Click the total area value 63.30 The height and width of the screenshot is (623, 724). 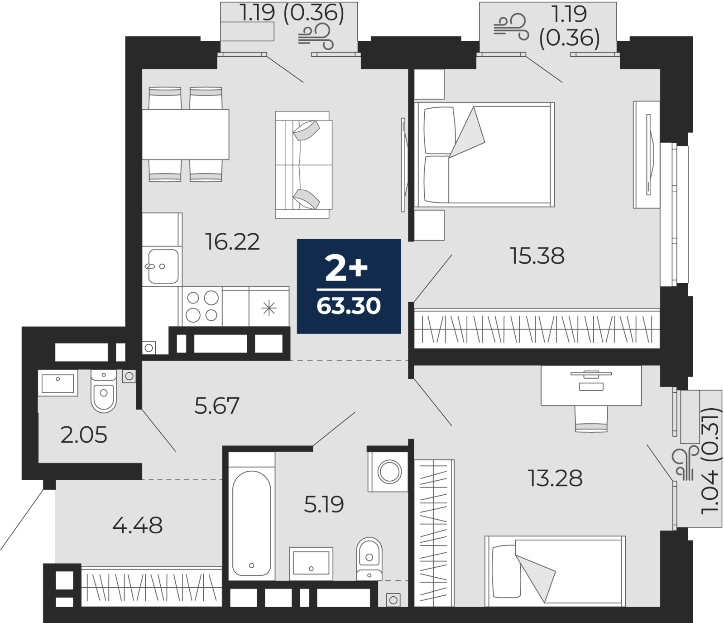click(349, 306)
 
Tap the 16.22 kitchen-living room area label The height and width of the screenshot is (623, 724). click(232, 241)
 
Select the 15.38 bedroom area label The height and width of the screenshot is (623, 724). click(537, 256)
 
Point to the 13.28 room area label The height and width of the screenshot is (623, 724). click(555, 478)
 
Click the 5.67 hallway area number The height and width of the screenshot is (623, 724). click(217, 406)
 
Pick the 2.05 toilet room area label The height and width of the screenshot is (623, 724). click(84, 435)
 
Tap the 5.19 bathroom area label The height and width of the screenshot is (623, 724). click(324, 504)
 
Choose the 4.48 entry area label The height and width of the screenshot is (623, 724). click(137, 526)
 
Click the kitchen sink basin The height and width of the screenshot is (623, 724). click(162, 266)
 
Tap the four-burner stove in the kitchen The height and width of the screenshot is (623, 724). click(202, 306)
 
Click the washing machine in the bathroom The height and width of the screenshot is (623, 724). click(389, 472)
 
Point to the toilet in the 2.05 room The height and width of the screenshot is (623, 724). click(104, 391)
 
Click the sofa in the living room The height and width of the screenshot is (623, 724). click(303, 165)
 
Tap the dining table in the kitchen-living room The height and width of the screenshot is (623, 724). click(186, 134)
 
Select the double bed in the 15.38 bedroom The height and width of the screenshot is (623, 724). click(484, 155)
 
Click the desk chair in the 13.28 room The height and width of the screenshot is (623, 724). click(591, 419)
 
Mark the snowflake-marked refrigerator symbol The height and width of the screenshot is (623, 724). click(269, 309)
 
